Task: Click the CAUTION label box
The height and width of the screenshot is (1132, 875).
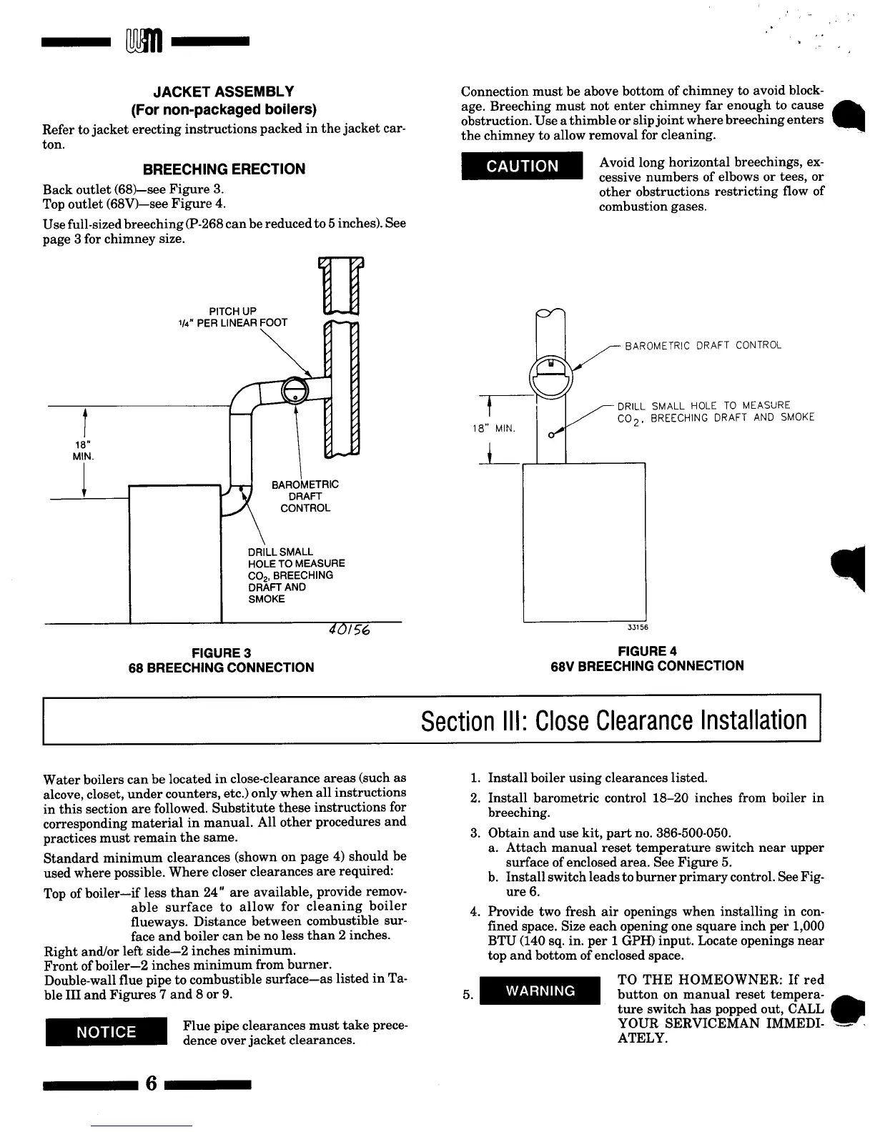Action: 523,167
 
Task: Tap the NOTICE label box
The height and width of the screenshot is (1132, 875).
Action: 106,1032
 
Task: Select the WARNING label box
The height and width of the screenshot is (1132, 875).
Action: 540,990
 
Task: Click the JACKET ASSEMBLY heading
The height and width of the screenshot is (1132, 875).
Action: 224,91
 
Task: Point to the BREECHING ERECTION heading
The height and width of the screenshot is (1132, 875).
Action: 224,169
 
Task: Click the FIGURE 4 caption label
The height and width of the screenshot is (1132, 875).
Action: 646,651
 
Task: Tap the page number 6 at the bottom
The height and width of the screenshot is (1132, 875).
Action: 151,1083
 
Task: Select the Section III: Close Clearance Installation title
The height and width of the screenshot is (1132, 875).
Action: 613,720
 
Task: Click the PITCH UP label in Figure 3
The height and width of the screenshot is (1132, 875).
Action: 232,311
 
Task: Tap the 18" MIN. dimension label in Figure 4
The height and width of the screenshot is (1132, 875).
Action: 493,429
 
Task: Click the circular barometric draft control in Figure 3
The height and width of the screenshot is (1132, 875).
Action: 295,390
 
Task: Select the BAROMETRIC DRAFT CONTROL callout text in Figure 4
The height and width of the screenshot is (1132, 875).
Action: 703,346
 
